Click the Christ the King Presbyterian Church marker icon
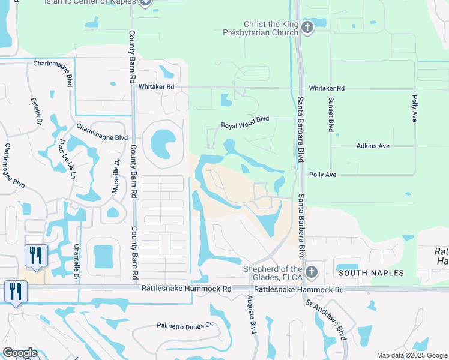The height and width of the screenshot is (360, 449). (x=307, y=28)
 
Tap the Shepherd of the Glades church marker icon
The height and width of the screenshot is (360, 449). (x=311, y=273)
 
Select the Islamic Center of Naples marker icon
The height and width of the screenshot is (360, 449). (x=144, y=3)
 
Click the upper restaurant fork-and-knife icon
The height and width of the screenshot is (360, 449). (x=36, y=255)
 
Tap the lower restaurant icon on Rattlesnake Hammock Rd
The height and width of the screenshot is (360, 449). (x=15, y=292)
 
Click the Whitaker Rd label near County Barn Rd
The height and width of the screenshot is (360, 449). (x=156, y=87)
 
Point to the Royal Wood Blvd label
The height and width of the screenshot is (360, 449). (x=245, y=123)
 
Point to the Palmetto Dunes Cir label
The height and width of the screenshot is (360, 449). (x=185, y=325)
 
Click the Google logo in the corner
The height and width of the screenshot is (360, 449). (x=20, y=353)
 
